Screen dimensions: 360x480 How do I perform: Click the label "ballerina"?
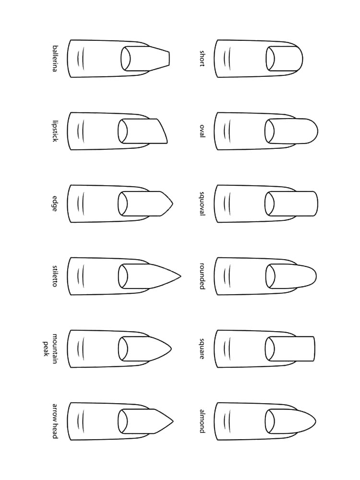coord(55,59)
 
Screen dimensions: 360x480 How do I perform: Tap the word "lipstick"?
coord(55,131)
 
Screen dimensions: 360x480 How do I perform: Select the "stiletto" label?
coord(55,276)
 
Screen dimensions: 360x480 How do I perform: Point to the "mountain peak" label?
coord(50,348)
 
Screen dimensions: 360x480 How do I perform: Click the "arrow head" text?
coord(55,421)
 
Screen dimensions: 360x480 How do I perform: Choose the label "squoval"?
coord(202,204)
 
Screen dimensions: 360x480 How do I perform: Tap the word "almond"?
coord(202,421)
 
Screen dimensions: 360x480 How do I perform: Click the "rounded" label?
coord(202,276)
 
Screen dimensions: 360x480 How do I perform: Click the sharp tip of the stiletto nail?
coord(180,276)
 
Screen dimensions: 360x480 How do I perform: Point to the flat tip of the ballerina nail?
coord(169,59)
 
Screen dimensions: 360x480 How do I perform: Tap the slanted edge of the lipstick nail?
coord(162,131)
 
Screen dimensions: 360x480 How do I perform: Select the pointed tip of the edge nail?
coord(172,204)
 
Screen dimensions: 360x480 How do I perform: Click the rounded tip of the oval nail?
coord(317,131)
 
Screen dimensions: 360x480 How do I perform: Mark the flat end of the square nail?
coord(314,348)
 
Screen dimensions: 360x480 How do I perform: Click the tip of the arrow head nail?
coord(173,421)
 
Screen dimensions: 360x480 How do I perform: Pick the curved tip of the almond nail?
coord(315,422)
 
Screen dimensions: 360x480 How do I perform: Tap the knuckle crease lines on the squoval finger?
coord(227,204)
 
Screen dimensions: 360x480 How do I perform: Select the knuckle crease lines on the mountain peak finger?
coord(80,348)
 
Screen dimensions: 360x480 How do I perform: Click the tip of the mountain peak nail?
coord(171,349)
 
